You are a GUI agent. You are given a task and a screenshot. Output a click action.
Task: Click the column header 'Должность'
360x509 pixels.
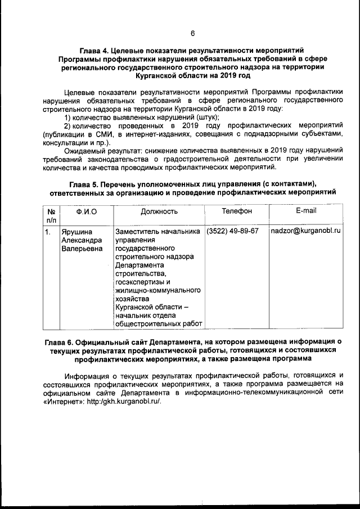point(159,211)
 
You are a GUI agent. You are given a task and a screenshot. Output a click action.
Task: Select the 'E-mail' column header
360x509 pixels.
point(305,211)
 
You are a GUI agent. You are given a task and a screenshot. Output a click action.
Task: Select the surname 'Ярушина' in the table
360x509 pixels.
point(77,231)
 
